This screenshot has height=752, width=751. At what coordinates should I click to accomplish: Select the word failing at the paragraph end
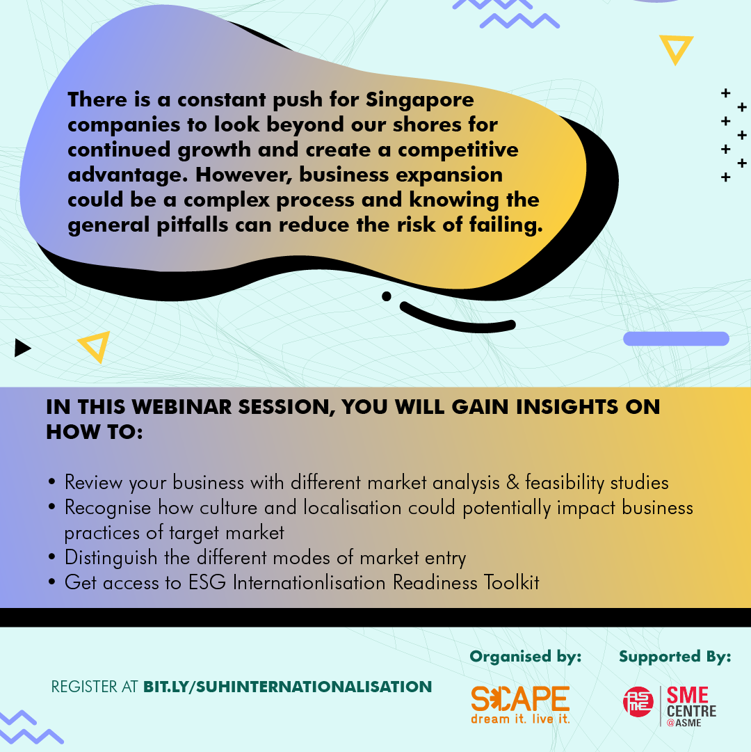coord(506,225)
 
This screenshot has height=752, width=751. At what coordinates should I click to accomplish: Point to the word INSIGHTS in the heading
coord(567,407)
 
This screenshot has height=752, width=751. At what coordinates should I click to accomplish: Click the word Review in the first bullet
coord(93,483)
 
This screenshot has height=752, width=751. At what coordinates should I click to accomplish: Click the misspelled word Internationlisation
coord(309,583)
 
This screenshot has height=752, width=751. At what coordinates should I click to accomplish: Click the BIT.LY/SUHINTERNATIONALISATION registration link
coord(288,687)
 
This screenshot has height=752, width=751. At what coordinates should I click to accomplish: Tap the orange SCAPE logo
coord(520,704)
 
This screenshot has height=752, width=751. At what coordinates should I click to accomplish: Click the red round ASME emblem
coord(638,702)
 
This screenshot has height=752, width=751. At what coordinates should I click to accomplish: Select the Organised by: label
coord(525,657)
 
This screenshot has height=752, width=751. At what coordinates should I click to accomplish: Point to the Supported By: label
coord(675,657)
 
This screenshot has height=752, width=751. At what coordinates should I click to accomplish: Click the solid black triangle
coord(22,348)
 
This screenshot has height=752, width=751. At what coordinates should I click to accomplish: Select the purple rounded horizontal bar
coord(676,339)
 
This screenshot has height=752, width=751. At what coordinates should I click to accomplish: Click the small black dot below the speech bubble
coord(387,296)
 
